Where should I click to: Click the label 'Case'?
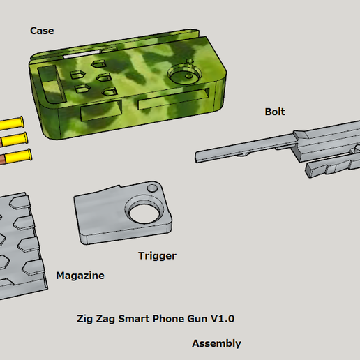click(42, 31)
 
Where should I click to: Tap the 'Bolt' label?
click(274, 112)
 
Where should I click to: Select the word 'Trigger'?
click(157, 256)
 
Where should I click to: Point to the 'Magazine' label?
click(80, 276)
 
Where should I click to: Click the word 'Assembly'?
click(216, 343)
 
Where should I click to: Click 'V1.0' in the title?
click(221, 319)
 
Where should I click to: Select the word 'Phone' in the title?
click(170, 319)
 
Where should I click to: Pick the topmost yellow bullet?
click(13, 123)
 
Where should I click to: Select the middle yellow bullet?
click(13, 138)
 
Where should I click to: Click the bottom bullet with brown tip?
click(13, 155)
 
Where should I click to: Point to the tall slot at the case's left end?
click(48, 80)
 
